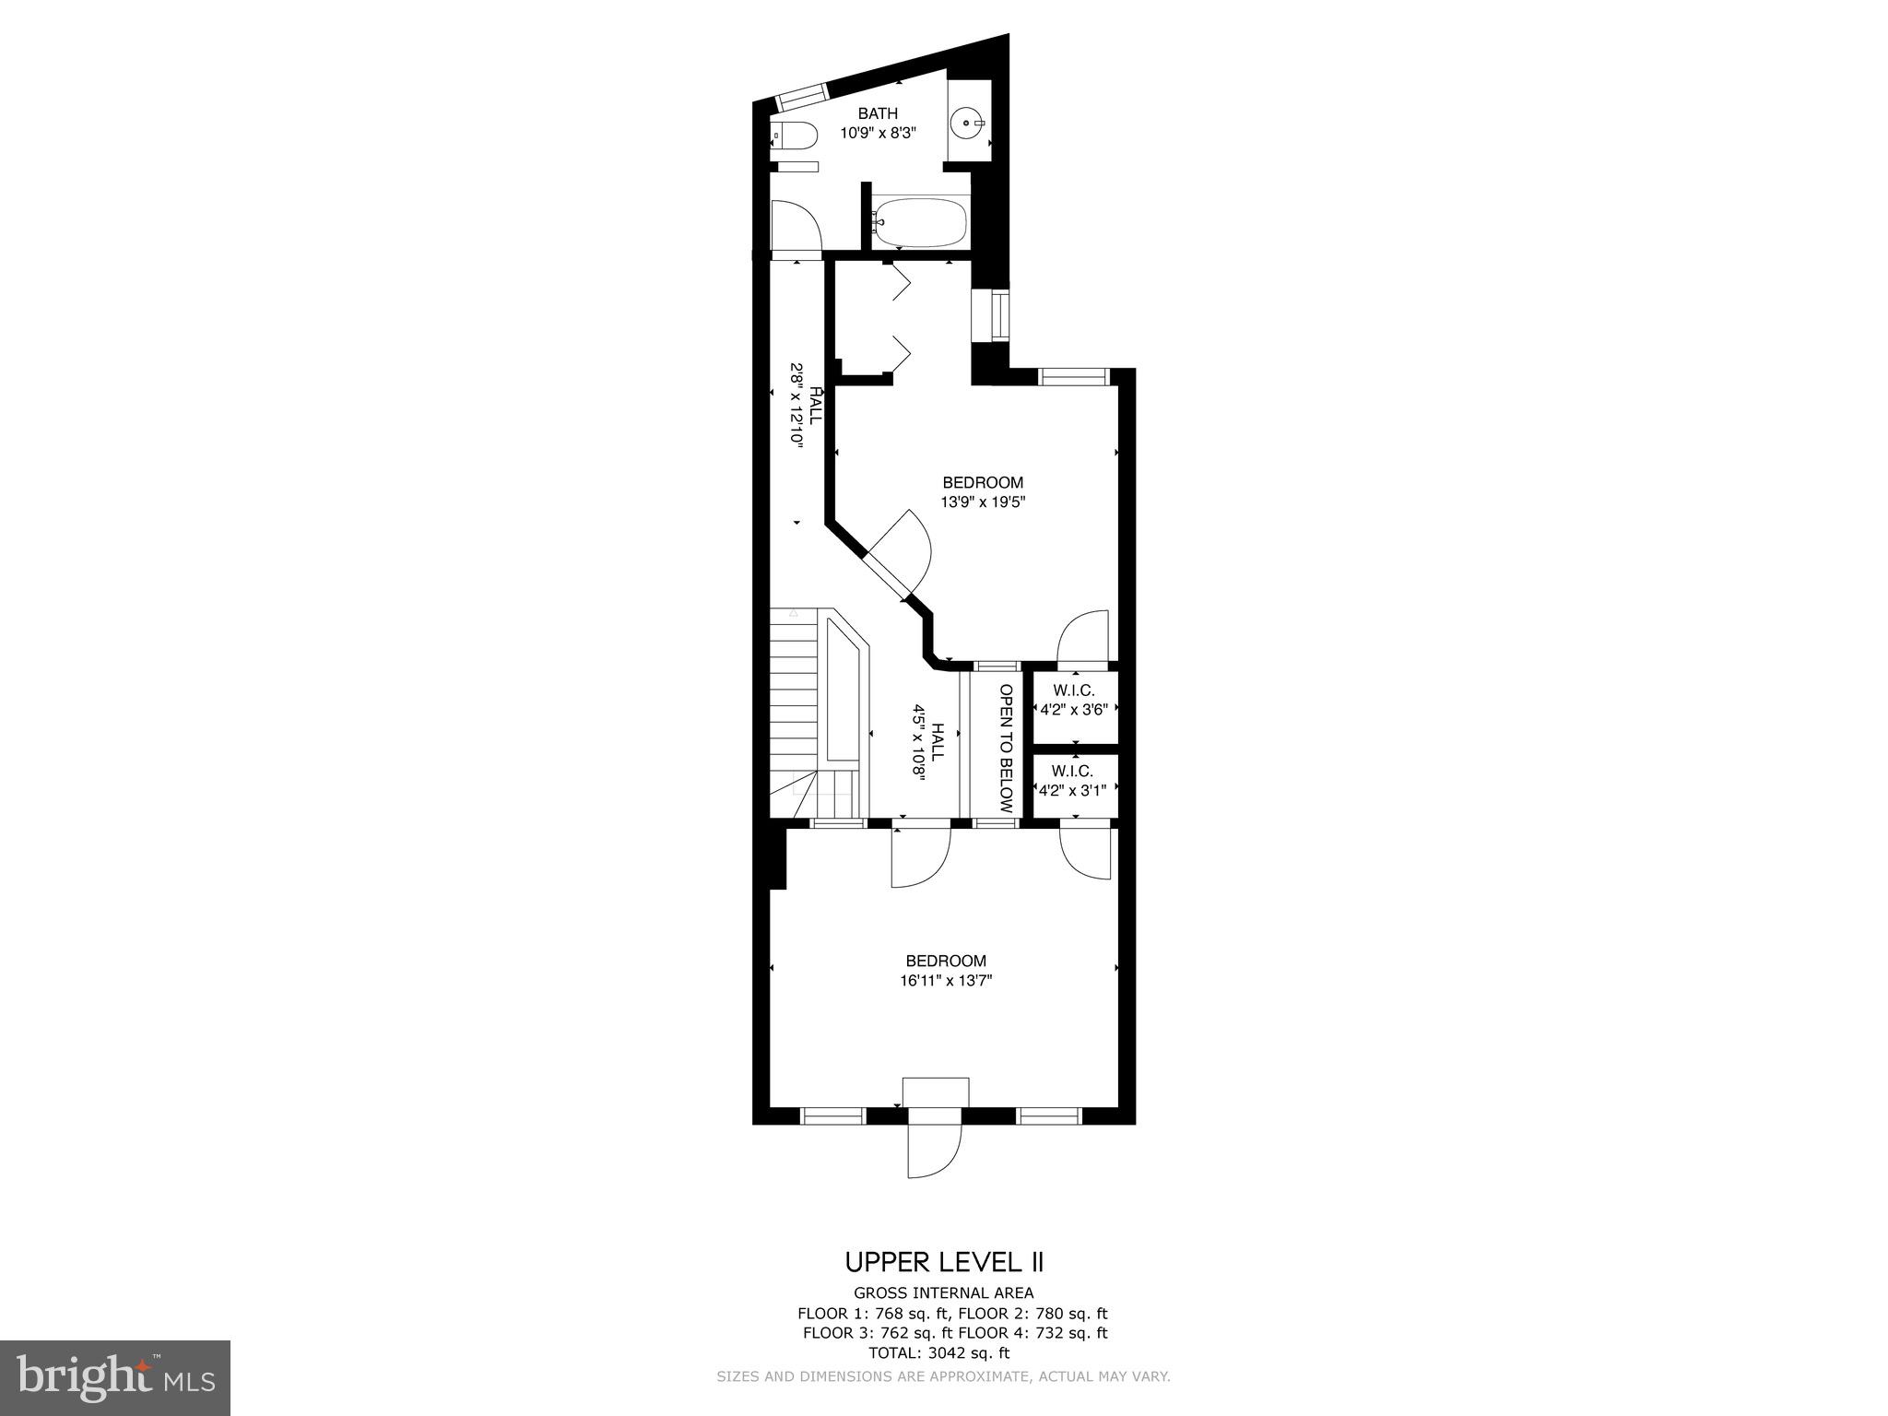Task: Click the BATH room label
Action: click(877, 113)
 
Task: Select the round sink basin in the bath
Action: click(968, 121)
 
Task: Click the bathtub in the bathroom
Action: click(919, 222)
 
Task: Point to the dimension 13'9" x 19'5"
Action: click(983, 502)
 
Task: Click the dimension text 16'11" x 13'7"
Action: click(946, 981)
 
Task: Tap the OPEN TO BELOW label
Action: click(1006, 748)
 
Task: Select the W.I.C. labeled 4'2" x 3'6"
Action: click(1074, 700)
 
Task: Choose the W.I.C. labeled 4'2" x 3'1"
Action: click(1073, 781)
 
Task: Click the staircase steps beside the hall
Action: click(794, 701)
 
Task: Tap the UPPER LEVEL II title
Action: click(944, 1262)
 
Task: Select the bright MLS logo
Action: click(115, 1379)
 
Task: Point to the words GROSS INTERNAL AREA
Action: click(943, 1293)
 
